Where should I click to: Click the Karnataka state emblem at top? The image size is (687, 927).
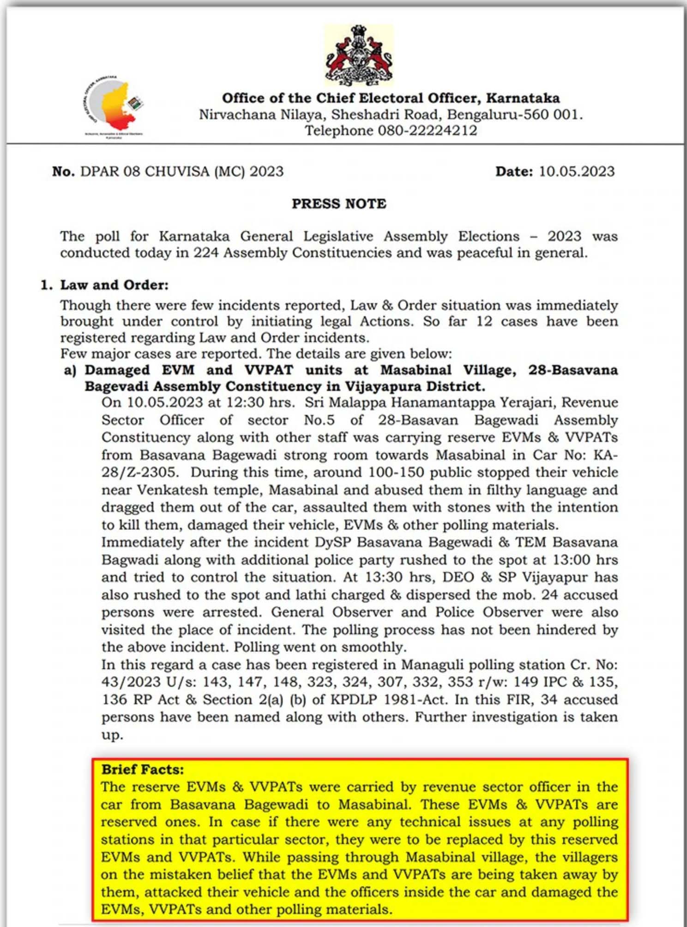[x=358, y=55]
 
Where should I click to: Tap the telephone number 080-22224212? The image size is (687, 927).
[x=427, y=131]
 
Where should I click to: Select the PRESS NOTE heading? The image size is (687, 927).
[x=339, y=204]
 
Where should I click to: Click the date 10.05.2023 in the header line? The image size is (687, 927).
[x=577, y=171]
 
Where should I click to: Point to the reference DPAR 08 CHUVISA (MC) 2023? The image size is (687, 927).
[x=182, y=171]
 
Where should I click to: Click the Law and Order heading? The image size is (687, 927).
[x=114, y=285]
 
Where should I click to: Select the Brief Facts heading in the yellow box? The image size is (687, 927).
[x=143, y=769]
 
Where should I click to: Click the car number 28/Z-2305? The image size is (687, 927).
[x=139, y=472]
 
